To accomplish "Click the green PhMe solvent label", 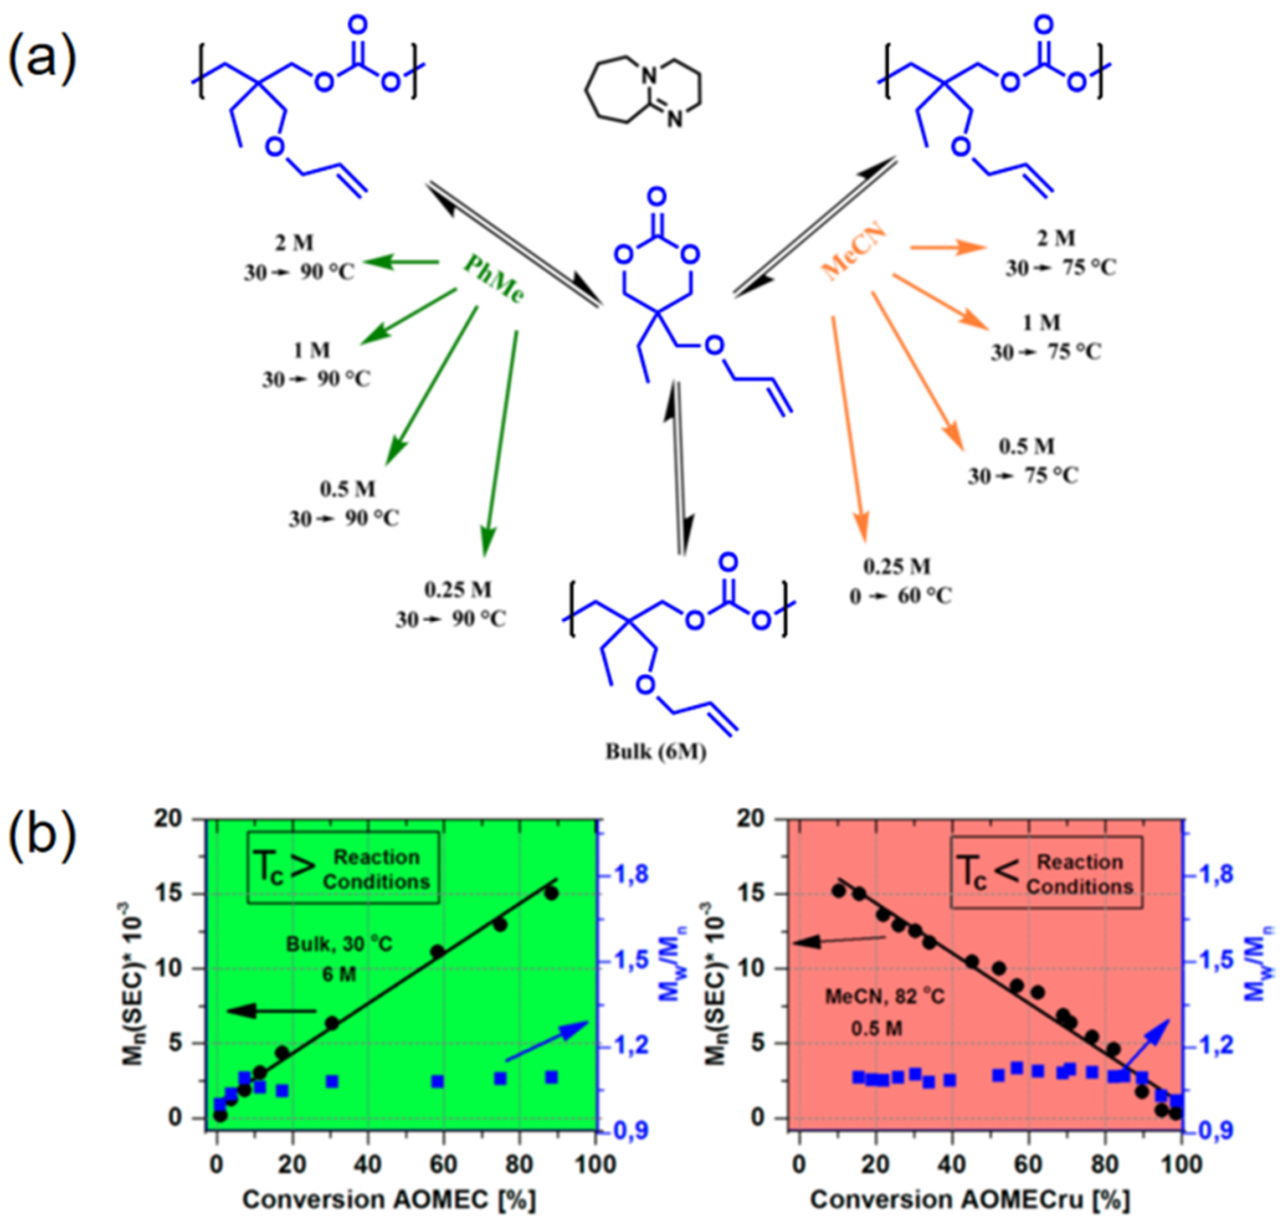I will coord(493,279).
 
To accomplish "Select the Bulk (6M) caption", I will coord(655,752).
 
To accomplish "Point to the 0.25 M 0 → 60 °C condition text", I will coord(899,581).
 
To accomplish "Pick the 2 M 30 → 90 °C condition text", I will coord(299,258).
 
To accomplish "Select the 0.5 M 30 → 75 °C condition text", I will coord(1023,461).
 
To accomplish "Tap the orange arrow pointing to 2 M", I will coord(947,247).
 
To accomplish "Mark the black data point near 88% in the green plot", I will coord(552,894).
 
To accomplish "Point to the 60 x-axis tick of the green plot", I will coord(443,1164).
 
